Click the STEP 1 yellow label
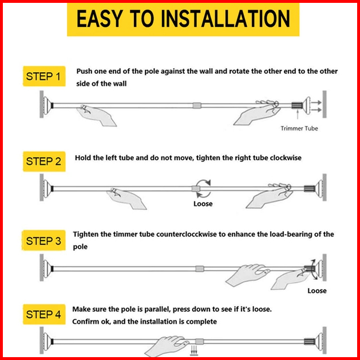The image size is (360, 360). click(x=44, y=76)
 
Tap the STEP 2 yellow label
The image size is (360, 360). click(x=44, y=161)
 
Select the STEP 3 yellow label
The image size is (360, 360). click(x=43, y=240)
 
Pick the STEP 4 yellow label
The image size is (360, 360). click(x=44, y=314)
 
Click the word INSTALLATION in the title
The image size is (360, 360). click(x=226, y=19)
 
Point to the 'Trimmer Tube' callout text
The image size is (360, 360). click(x=299, y=128)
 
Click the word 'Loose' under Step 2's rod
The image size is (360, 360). click(x=203, y=204)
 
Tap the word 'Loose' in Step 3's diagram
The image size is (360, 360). click(x=317, y=291)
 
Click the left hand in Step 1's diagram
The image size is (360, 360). click(x=96, y=115)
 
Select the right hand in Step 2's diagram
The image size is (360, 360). click(x=268, y=196)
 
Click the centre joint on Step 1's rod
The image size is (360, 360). click(x=197, y=105)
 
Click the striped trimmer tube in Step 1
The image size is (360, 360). click(x=297, y=105)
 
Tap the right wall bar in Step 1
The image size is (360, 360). click(x=325, y=104)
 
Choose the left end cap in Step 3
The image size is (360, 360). click(x=48, y=268)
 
